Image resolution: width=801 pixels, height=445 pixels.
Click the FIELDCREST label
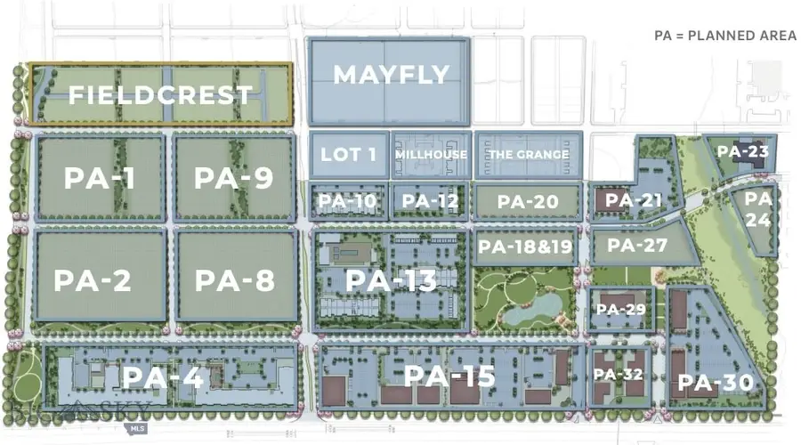point(160,94)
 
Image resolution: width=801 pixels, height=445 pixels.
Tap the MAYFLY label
point(391,75)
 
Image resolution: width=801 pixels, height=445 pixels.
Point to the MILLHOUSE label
point(431,155)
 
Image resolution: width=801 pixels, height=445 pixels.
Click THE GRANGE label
point(528,155)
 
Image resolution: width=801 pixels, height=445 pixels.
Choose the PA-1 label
point(99,179)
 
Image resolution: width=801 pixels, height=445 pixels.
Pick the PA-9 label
point(233,179)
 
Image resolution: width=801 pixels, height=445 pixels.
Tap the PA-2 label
point(93,280)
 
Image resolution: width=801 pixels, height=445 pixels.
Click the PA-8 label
point(234,280)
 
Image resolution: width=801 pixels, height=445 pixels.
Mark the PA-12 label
point(430,202)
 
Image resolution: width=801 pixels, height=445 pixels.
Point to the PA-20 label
point(528,202)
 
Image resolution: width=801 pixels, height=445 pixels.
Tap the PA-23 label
point(743,151)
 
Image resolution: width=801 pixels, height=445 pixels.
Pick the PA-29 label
point(619,309)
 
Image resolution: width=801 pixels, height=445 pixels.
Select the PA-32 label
point(619,375)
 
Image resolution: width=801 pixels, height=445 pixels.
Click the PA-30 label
point(716,384)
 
